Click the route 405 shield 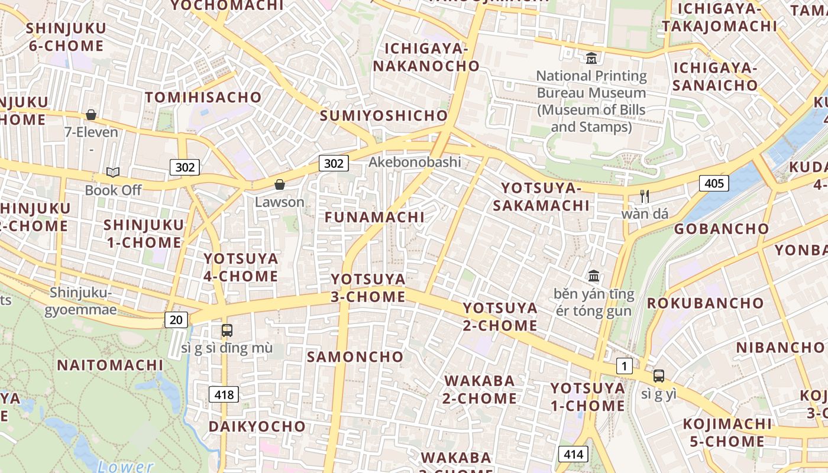click(714, 183)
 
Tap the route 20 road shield click(176, 320)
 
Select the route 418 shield click(224, 394)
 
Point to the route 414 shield click(573, 454)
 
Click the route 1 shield click(624, 366)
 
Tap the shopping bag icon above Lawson click(279, 185)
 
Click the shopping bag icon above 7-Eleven click(91, 115)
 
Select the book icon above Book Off click(113, 173)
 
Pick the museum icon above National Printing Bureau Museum click(591, 58)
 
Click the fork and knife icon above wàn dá click(645, 196)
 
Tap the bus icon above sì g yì click(658, 376)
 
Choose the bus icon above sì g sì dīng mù click(227, 331)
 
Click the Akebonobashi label click(415, 162)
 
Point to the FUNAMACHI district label click(374, 217)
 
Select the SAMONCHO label click(355, 357)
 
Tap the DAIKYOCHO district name click(257, 426)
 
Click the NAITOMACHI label click(109, 365)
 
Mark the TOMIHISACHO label click(203, 98)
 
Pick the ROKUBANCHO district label click(705, 303)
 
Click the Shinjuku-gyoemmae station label click(80, 301)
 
